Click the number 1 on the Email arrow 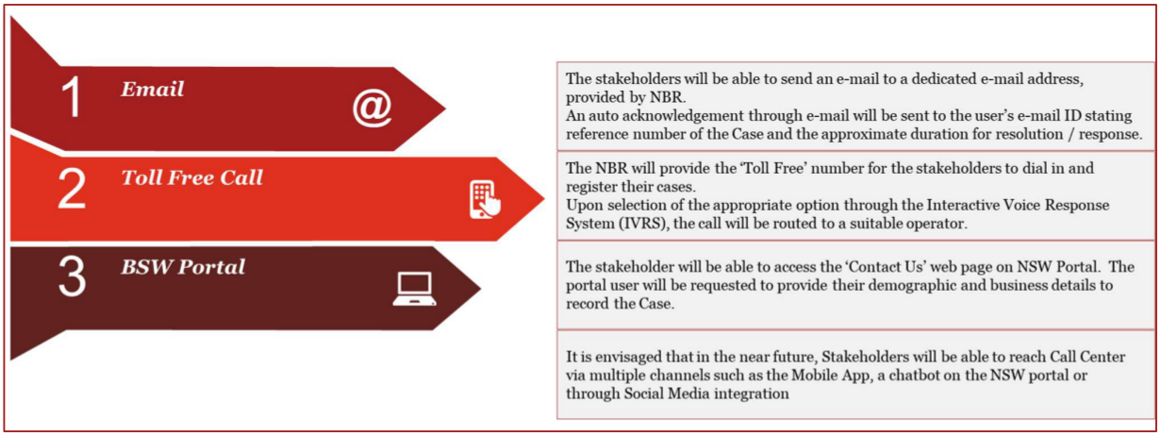click(x=72, y=97)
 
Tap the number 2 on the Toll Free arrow click(x=72, y=189)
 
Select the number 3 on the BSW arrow click(x=72, y=277)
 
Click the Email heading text click(x=153, y=89)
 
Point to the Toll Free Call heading click(x=191, y=177)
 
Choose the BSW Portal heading click(x=183, y=267)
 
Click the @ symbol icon click(x=372, y=108)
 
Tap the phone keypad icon click(x=485, y=199)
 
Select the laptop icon click(x=414, y=289)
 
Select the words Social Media click(x=667, y=394)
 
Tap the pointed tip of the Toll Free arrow click(x=543, y=198)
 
